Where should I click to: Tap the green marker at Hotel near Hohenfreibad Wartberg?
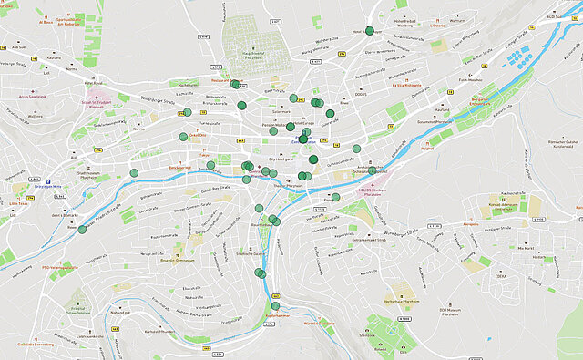click(x=369, y=30)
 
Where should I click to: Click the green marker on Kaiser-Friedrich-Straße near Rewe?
click(x=82, y=230)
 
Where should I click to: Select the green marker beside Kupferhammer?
click(x=275, y=306)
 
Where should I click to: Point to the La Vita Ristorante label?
click(x=406, y=85)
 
